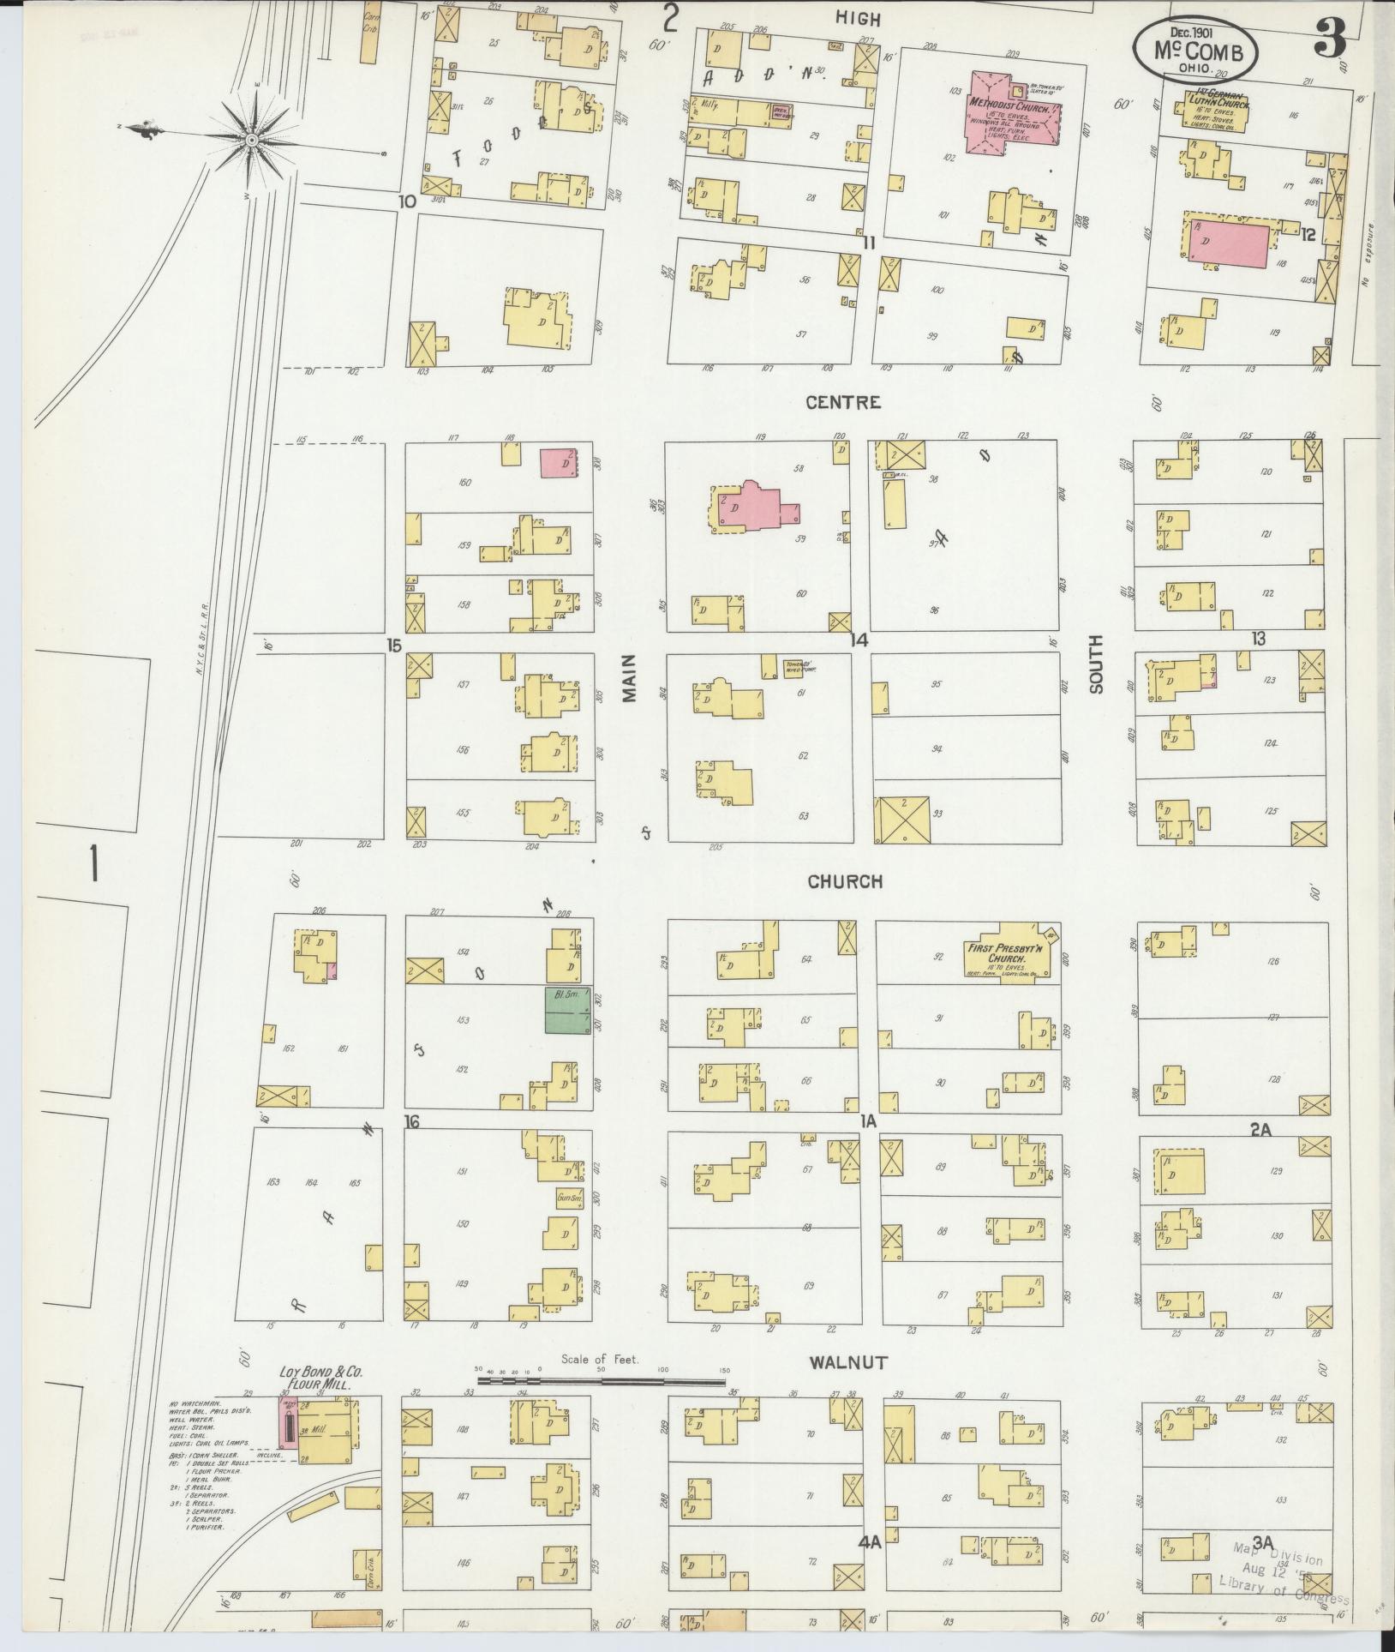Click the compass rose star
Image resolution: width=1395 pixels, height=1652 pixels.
[x=252, y=138]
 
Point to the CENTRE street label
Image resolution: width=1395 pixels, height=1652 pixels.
[x=843, y=402]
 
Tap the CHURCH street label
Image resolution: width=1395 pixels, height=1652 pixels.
[x=845, y=881]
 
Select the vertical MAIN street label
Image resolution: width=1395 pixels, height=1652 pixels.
[x=631, y=678]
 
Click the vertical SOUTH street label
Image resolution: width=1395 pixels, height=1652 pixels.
[x=1096, y=664]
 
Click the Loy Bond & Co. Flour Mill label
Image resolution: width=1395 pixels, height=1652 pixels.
[x=322, y=1378]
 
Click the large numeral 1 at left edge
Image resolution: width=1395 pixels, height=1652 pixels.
[x=92, y=863]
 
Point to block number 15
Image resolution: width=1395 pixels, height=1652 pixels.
[x=393, y=645]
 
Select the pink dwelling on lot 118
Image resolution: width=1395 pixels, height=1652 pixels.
[x=1227, y=241]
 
